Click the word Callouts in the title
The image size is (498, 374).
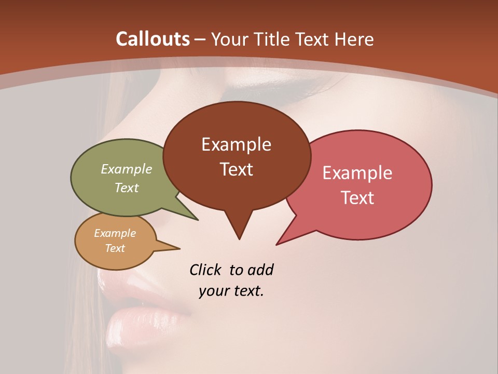coord(153,39)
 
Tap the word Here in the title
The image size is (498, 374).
coord(355,39)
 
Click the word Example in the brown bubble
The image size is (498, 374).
coord(236,144)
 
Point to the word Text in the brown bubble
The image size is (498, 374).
coord(236,169)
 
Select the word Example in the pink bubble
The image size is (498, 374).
coord(357,173)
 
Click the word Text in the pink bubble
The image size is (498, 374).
coord(357,197)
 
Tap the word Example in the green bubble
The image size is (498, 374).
coord(127,169)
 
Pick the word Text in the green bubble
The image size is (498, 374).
coord(127,188)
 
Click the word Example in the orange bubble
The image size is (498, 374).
coord(115,233)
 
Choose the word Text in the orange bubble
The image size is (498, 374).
coord(115,248)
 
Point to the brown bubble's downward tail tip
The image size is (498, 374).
coord(239,238)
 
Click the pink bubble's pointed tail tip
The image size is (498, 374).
coord(277,244)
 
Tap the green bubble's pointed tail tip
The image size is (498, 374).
coord(197,220)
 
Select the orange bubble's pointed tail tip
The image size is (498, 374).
coord(179,248)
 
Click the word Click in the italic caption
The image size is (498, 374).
coord(206,270)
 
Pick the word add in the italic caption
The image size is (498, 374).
coord(260,270)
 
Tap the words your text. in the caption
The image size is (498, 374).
coord(231,291)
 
